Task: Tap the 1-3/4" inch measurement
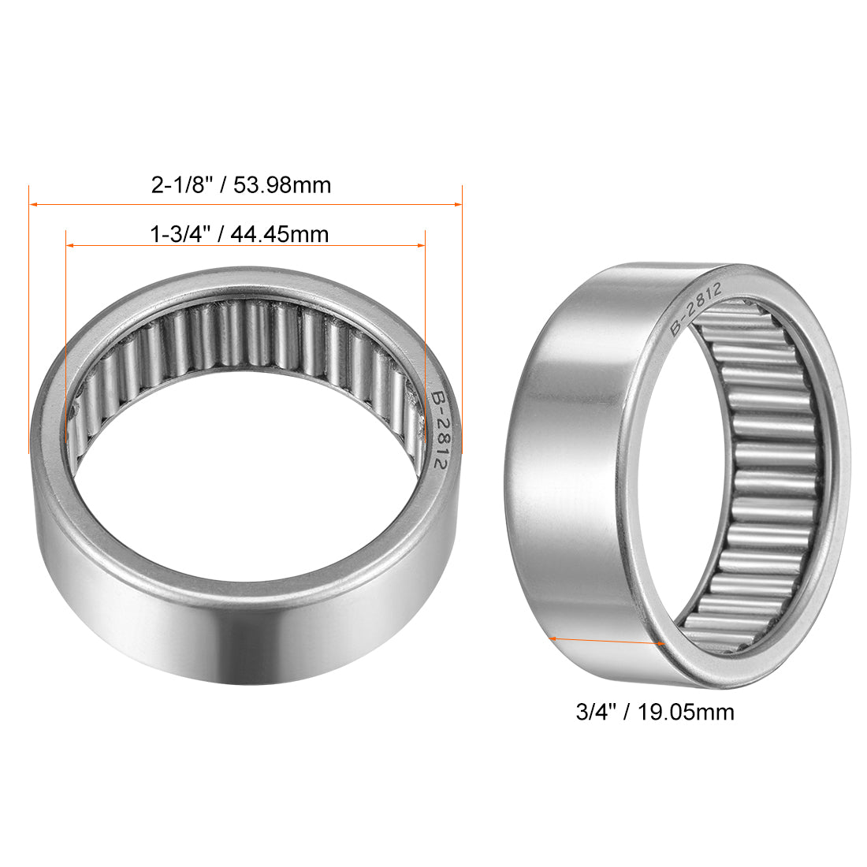(179, 234)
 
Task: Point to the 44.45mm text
(281, 234)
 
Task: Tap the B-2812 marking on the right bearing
(694, 309)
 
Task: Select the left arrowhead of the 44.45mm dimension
(70, 246)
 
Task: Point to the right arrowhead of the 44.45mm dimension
(421, 246)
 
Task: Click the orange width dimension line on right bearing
(607, 640)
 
